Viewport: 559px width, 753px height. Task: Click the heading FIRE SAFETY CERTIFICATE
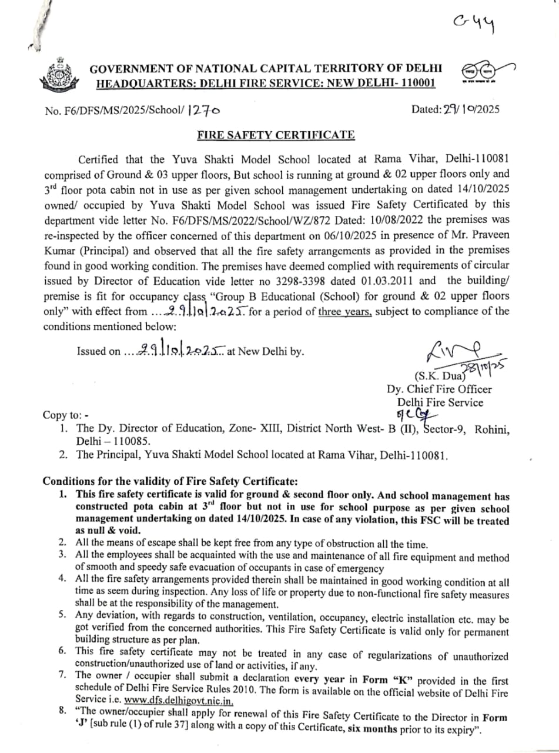276,135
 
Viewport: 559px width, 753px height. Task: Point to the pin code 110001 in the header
415,83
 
